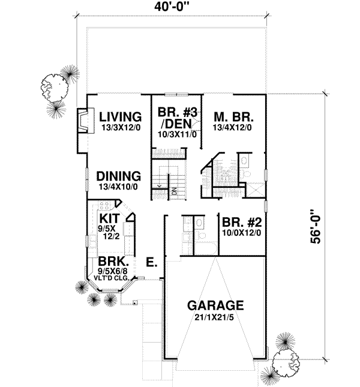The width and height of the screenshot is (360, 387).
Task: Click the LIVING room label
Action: click(120, 116)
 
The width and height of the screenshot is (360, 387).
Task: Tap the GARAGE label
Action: click(214, 304)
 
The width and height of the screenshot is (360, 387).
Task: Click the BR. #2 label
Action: click(240, 220)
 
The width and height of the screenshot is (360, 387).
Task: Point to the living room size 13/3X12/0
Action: click(120, 127)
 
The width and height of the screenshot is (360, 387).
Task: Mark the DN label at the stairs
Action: click(175, 191)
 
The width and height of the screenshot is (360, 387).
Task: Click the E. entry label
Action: click(152, 262)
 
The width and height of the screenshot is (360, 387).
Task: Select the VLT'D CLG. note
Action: click(112, 278)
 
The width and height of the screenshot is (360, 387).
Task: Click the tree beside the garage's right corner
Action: click(285, 364)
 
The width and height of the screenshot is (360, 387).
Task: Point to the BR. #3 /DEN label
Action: click(173, 118)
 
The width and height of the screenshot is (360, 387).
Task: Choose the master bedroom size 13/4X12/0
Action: click(232, 127)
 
